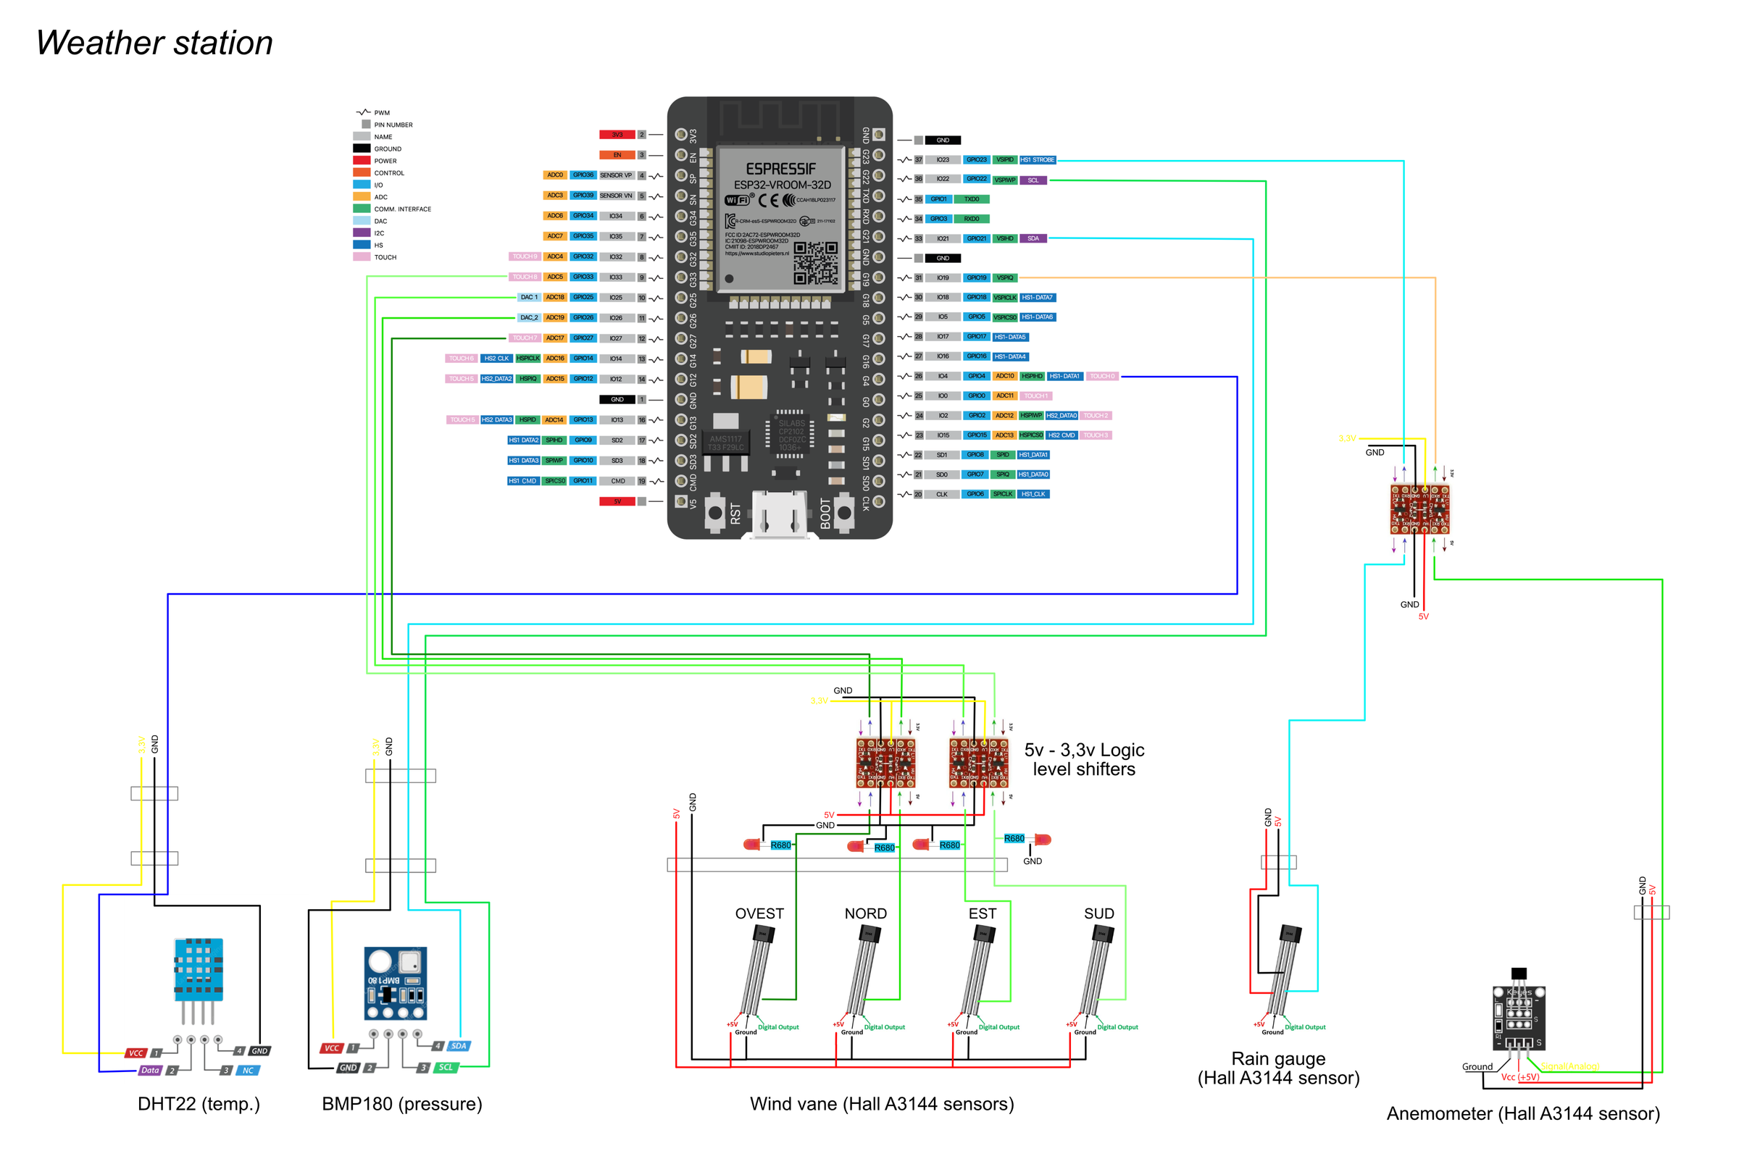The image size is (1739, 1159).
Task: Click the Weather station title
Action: click(154, 43)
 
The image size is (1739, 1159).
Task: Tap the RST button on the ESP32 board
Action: click(715, 512)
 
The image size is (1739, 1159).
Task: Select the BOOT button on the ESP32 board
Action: click(844, 512)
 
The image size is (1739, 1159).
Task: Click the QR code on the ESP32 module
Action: click(816, 263)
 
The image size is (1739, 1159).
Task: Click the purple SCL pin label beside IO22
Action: click(1033, 180)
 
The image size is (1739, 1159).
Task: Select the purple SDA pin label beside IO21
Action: click(1033, 239)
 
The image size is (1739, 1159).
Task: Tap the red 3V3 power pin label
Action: click(617, 135)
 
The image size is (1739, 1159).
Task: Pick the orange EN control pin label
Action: click(617, 155)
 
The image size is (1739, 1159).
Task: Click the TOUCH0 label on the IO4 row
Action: click(1101, 376)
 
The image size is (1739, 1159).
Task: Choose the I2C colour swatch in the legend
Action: click(362, 233)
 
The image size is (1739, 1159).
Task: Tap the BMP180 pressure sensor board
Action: click(396, 983)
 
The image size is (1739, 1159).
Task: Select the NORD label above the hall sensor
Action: click(866, 913)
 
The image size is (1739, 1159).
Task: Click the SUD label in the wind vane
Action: click(1098, 913)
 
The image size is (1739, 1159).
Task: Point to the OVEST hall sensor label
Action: click(759, 913)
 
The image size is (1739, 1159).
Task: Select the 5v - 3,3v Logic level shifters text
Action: click(1084, 759)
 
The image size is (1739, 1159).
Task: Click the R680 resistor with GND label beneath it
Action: click(1014, 838)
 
